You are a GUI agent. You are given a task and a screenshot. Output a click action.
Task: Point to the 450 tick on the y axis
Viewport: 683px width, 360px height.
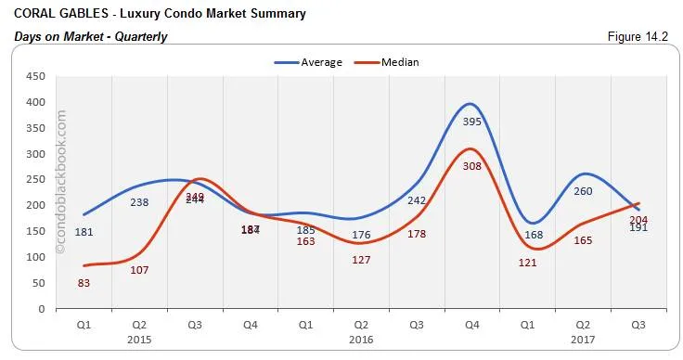[38, 77]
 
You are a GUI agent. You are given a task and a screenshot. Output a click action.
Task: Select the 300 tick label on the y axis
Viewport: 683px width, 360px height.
[38, 154]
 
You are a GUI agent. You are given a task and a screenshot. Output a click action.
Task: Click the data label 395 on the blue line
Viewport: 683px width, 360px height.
[471, 122]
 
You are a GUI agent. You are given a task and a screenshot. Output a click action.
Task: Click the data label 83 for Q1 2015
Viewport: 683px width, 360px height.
[84, 283]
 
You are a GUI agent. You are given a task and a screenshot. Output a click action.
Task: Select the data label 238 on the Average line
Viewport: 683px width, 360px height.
[139, 202]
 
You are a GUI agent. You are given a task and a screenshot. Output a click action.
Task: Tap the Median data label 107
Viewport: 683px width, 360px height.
[139, 270]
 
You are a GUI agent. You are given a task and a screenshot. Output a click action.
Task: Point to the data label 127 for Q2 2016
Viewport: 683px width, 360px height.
[361, 260]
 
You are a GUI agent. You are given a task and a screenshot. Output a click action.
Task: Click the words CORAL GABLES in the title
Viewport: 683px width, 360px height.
[53, 15]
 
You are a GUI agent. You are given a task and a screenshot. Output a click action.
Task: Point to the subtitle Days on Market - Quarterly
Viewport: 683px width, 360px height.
[91, 36]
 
